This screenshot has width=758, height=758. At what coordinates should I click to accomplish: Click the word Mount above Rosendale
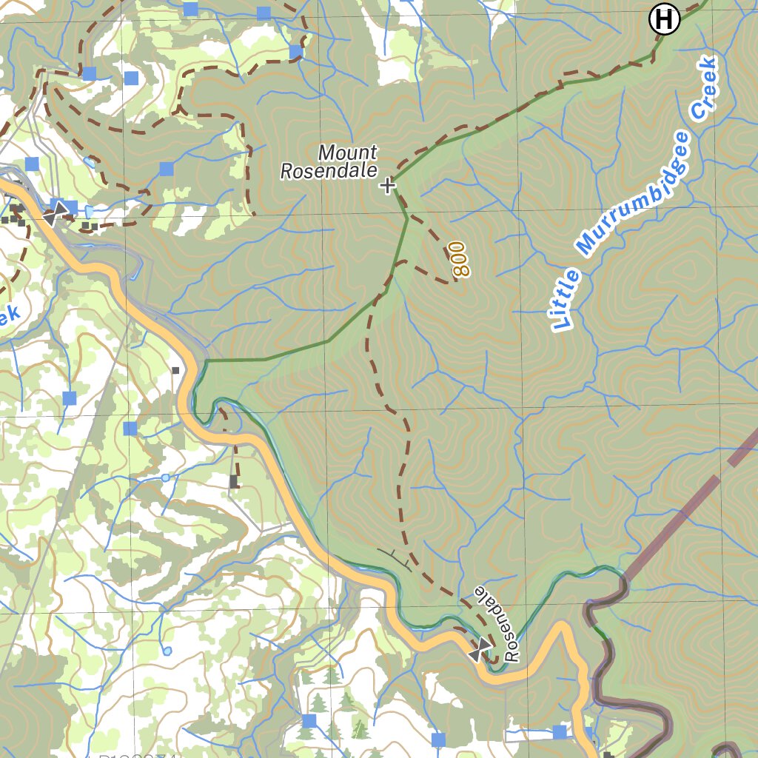[348, 152]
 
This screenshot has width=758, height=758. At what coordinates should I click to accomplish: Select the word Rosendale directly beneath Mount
[329, 171]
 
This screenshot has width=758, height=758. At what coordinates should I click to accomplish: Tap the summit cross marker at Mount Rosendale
[387, 185]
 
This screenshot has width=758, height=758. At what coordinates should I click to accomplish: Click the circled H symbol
[664, 19]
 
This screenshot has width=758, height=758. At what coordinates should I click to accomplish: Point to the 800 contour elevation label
[460, 259]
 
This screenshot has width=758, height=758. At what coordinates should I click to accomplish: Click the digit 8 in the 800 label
[460, 270]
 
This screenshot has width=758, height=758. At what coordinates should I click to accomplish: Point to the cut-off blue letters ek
[9, 317]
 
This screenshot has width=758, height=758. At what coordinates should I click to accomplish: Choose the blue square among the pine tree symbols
[309, 720]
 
